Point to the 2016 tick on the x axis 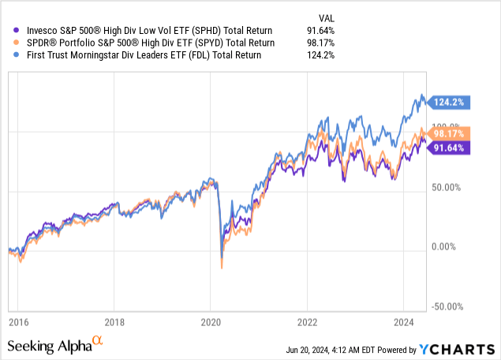(17, 322)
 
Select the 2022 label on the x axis (307, 322)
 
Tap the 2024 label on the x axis (403, 322)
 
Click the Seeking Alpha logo (55, 344)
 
